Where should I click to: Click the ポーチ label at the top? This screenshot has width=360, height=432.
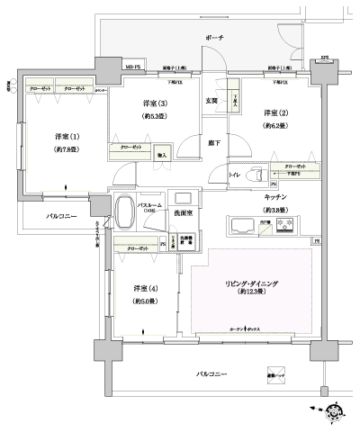(x=213, y=39)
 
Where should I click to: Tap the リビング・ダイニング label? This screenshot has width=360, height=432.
(x=251, y=283)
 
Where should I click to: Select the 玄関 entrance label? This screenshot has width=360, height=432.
(x=212, y=101)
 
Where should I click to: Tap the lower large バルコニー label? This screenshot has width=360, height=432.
(x=215, y=373)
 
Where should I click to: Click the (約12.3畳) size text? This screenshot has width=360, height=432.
(x=251, y=293)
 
